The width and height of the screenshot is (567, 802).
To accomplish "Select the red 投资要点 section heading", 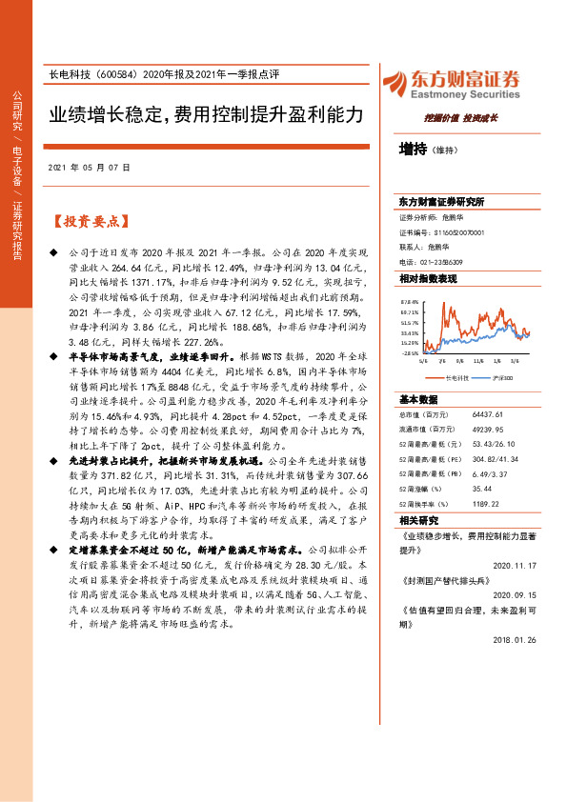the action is click(91, 222).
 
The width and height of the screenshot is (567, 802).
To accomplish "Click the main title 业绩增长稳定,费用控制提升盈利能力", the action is click(207, 115).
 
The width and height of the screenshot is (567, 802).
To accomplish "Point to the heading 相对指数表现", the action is click(428, 278).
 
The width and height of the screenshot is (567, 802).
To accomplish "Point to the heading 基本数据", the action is click(419, 399).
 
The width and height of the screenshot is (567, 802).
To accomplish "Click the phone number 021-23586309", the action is click(442, 261).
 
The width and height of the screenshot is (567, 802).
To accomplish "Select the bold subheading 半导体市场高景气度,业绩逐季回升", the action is click(142, 353).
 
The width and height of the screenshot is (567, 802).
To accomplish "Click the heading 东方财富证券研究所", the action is click(441, 203).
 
